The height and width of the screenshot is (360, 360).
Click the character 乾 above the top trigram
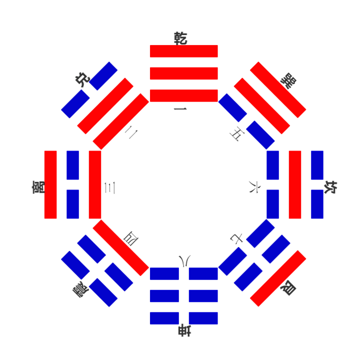point(180,38)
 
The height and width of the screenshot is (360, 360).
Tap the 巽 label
point(288,80)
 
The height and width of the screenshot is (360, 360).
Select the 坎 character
point(330,187)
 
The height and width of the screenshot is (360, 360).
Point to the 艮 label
point(288,288)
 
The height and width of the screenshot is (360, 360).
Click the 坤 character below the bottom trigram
point(184,330)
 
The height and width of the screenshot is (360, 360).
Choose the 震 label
point(81,289)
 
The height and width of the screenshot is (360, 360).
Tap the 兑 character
point(82,79)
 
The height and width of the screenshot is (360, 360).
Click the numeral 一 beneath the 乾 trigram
point(180,109)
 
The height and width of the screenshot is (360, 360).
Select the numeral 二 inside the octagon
point(131,132)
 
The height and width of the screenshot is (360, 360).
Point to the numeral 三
point(109,188)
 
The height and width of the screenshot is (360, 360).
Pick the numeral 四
point(131,238)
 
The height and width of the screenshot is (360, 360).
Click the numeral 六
point(254,187)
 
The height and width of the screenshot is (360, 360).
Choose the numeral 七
point(236,239)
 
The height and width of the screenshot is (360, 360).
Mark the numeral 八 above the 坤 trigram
point(185,261)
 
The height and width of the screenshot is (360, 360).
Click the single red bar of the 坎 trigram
point(295,184)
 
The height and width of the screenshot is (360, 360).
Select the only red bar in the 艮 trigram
point(278,278)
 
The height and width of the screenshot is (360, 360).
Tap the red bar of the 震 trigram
point(121,247)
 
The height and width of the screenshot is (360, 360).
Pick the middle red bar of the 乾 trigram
point(184,73)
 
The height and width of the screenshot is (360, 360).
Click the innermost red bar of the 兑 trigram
point(121,121)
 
